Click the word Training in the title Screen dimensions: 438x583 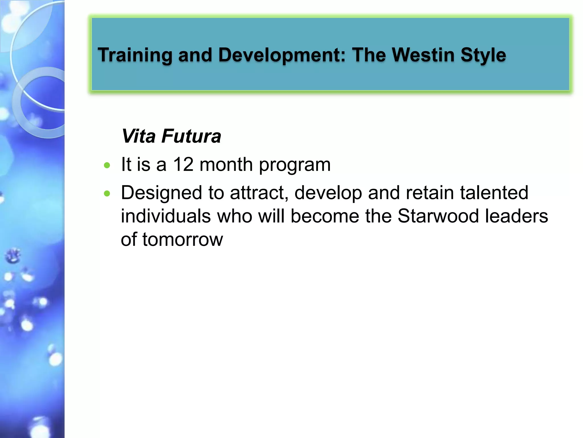(135, 55)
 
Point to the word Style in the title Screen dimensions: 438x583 (483, 55)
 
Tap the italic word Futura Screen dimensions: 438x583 (191, 136)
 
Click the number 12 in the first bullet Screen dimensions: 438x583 (183, 165)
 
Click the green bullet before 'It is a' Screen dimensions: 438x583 (107, 165)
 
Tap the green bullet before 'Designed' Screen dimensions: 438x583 (107, 194)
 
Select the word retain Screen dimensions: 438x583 (430, 193)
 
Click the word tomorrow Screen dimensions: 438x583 (182, 240)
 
